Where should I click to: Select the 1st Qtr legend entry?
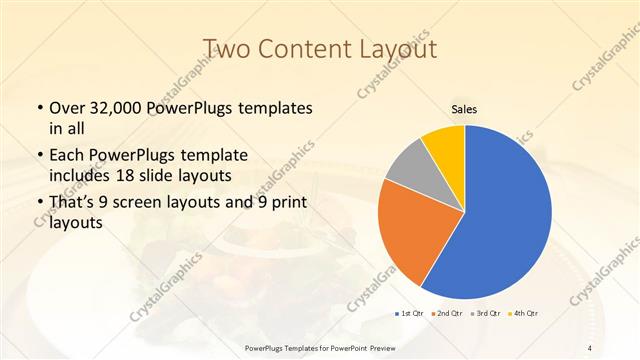[410, 314]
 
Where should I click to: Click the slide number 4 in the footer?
[591, 347]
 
